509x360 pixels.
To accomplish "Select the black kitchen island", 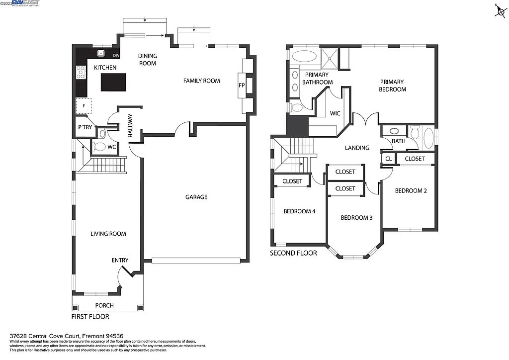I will click(x=113, y=82).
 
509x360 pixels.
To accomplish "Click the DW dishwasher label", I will click(x=116, y=55).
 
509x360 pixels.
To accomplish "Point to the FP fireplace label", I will click(x=242, y=86).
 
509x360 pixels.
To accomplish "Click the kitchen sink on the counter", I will click(x=101, y=53).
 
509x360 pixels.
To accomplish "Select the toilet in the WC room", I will click(x=99, y=147).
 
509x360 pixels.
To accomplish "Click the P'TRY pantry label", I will click(x=83, y=128).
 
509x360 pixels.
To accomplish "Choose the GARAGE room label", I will click(x=196, y=197).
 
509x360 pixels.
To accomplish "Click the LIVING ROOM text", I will click(x=108, y=234).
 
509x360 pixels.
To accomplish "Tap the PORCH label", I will click(x=104, y=305).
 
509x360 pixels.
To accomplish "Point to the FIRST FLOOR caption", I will click(x=90, y=316).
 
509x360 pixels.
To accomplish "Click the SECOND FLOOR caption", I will click(x=293, y=253).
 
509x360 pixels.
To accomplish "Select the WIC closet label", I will click(x=335, y=113).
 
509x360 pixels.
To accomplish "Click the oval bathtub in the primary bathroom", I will click(x=305, y=55).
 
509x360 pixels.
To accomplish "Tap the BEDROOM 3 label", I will click(x=356, y=218).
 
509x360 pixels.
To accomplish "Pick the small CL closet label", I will click(x=388, y=159).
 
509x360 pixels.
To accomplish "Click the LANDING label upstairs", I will click(x=357, y=148).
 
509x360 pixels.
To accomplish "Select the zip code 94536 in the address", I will click(x=113, y=335).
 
